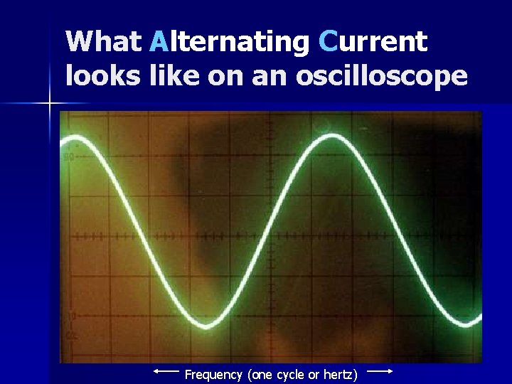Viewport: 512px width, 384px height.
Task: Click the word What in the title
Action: point(104,42)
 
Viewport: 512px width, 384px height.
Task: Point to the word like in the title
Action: point(175,75)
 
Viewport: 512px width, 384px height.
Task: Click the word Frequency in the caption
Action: point(214,374)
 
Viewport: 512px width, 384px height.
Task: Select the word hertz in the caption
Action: point(340,374)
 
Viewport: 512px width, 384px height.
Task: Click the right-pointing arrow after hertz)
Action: point(380,370)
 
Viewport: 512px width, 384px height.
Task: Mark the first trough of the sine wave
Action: point(206,326)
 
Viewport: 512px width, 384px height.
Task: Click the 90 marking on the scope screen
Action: point(69,156)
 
